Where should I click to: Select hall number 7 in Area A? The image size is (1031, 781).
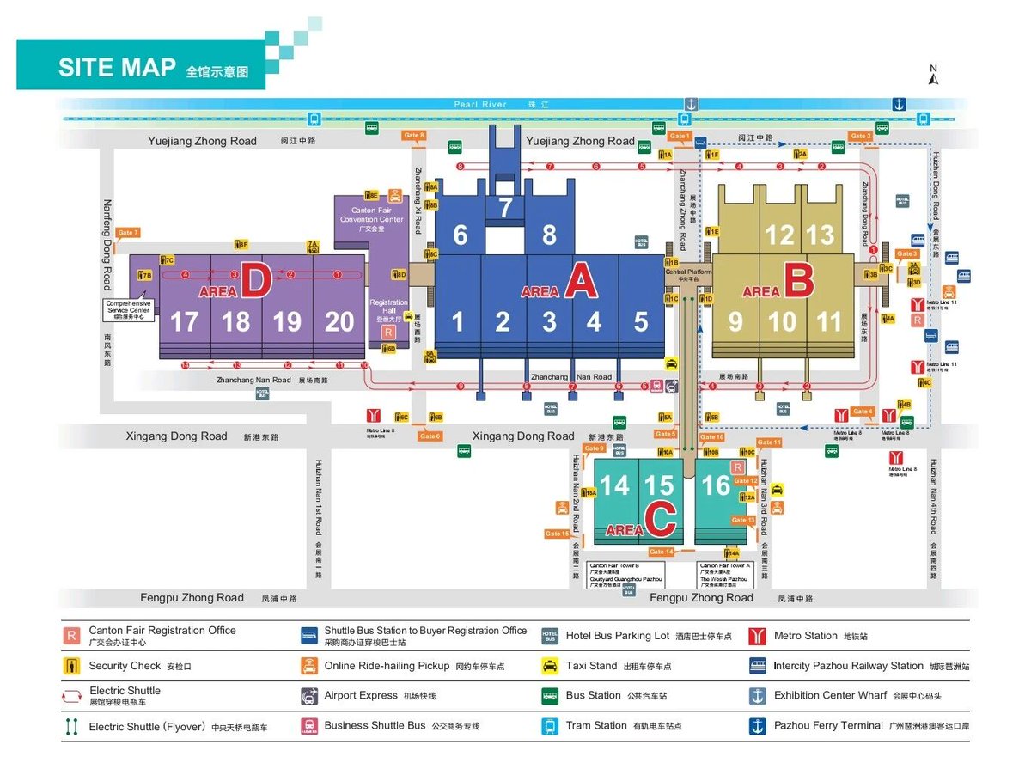pos(505,208)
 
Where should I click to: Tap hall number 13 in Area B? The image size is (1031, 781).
pos(821,235)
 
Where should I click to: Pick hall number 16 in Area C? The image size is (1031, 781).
pos(716,485)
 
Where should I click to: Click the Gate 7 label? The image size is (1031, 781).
pos(127,233)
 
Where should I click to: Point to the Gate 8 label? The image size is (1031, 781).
pos(414,136)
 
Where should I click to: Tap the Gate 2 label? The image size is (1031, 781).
pos(860,136)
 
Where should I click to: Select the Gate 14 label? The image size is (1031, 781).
pos(662,552)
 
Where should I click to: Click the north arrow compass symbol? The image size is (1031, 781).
pos(934,76)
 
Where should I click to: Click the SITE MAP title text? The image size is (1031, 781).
pos(117,68)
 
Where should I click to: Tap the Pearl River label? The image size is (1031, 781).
pos(482,104)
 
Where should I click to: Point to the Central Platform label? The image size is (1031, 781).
pos(689,273)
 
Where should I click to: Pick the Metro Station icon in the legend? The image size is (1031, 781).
pos(758,636)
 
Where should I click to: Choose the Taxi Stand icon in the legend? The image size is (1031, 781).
pos(550,666)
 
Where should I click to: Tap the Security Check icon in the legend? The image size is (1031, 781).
pos(72,666)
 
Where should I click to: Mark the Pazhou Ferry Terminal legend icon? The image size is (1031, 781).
pos(758,726)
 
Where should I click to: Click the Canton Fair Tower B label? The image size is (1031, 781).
pos(613,565)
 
